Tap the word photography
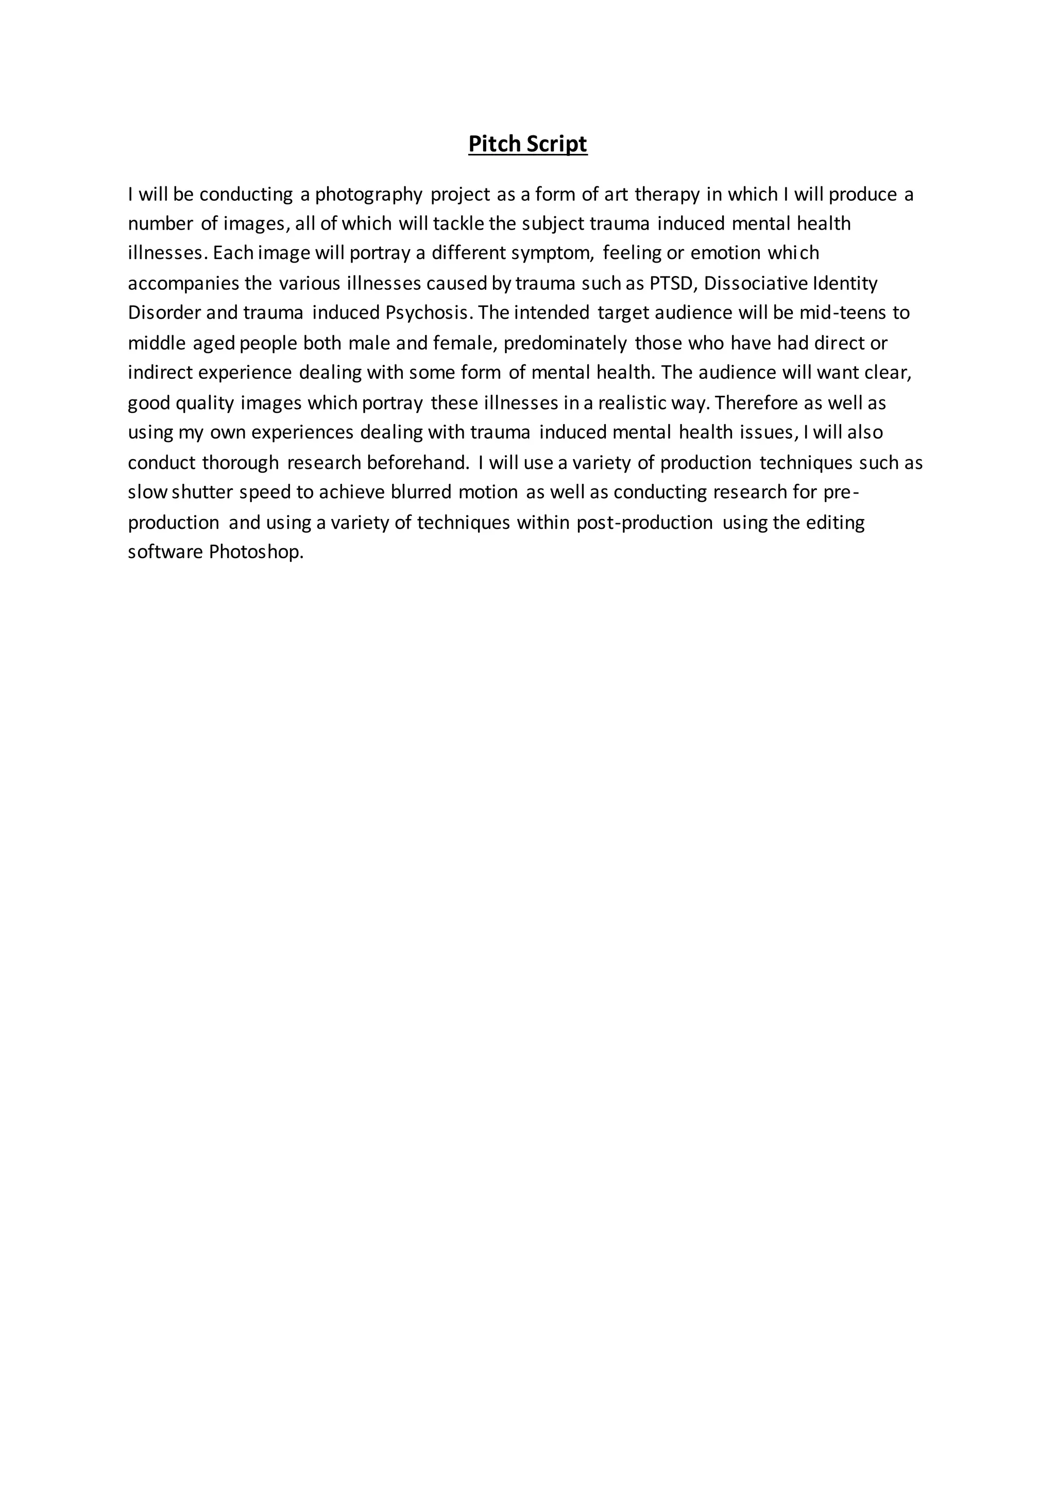pyautogui.click(x=369, y=195)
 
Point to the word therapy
pyautogui.click(x=667, y=195)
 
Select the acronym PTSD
pyautogui.click(x=672, y=284)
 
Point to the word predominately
pyautogui.click(x=565, y=343)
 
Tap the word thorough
pyautogui.click(x=241, y=463)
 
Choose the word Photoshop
pyautogui.click(x=257, y=552)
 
